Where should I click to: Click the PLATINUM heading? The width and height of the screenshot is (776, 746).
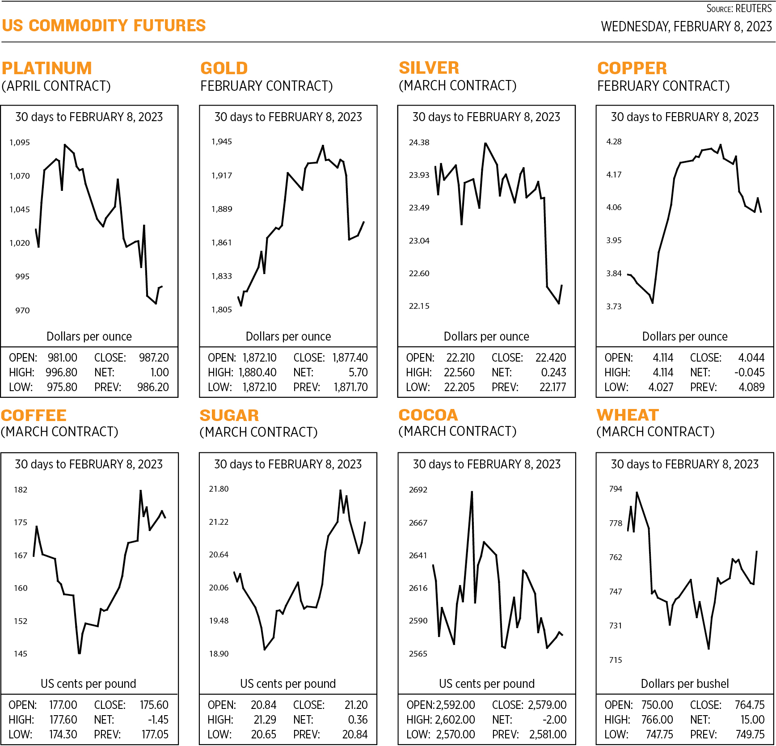(47, 68)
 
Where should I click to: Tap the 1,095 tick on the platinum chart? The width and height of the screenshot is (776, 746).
(20, 143)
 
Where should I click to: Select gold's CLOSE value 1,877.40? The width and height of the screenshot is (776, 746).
(350, 358)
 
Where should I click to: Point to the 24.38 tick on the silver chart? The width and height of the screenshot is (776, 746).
(419, 143)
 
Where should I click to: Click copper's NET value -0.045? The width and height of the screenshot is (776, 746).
(749, 372)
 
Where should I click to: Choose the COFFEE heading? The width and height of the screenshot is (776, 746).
(34, 416)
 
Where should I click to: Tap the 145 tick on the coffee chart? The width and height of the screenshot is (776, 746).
(21, 654)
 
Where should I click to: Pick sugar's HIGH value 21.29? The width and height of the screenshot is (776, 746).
(265, 720)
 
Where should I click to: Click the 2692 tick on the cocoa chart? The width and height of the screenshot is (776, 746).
(418, 490)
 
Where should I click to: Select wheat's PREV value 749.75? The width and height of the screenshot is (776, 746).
(750, 734)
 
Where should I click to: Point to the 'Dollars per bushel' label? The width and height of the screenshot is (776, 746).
(684, 683)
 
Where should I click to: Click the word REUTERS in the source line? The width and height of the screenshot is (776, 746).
(753, 8)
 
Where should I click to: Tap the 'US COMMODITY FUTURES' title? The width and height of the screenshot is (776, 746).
(104, 25)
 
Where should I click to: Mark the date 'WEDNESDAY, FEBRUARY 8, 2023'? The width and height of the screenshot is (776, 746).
(686, 27)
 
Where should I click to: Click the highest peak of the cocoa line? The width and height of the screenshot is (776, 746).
(472, 492)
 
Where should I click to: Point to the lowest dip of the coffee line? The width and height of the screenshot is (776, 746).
(80, 653)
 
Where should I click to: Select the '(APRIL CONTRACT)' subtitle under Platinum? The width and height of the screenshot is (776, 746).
(56, 86)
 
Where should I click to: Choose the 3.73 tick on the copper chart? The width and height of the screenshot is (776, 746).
(614, 307)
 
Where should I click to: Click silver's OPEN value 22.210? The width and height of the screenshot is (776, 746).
(460, 358)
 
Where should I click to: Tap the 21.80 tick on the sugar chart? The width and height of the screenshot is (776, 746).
(219, 489)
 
